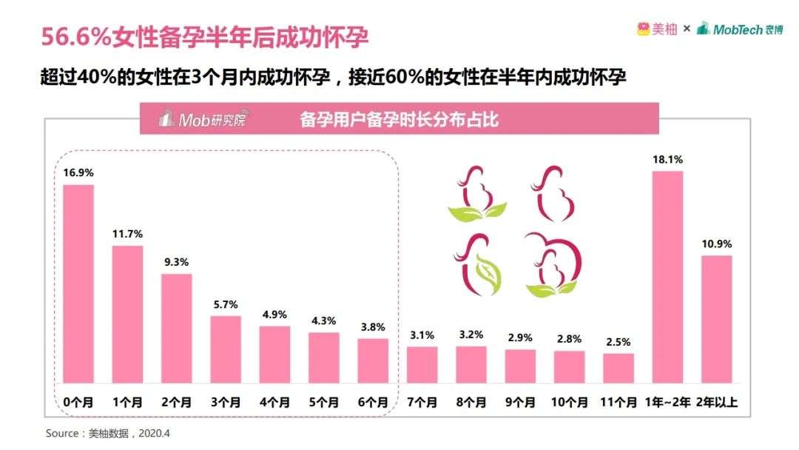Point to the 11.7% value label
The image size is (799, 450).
127,234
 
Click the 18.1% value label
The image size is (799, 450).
667,159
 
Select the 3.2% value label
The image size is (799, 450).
471,334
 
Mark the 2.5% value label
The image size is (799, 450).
618,342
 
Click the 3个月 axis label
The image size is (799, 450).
226,403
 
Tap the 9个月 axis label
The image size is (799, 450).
520,403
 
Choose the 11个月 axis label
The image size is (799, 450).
618,403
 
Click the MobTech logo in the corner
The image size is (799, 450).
739,29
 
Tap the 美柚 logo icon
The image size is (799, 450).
642,29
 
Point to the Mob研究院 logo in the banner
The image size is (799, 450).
201,119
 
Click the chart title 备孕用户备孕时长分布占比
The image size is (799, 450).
399,119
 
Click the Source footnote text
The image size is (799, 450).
108,432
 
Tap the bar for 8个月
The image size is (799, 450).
471,363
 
